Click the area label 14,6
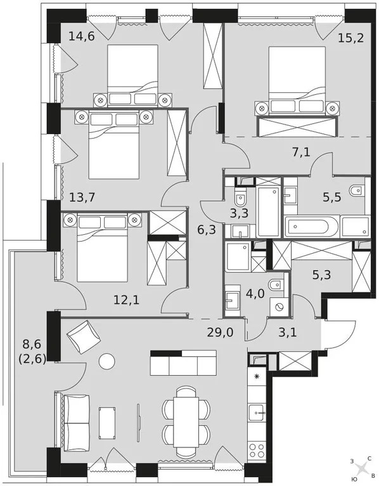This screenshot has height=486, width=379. coord(81,36)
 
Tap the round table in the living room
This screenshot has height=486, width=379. coord(106,361)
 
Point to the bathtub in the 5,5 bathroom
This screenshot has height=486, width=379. coord(311,227)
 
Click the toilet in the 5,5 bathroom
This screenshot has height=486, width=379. coord(357,188)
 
